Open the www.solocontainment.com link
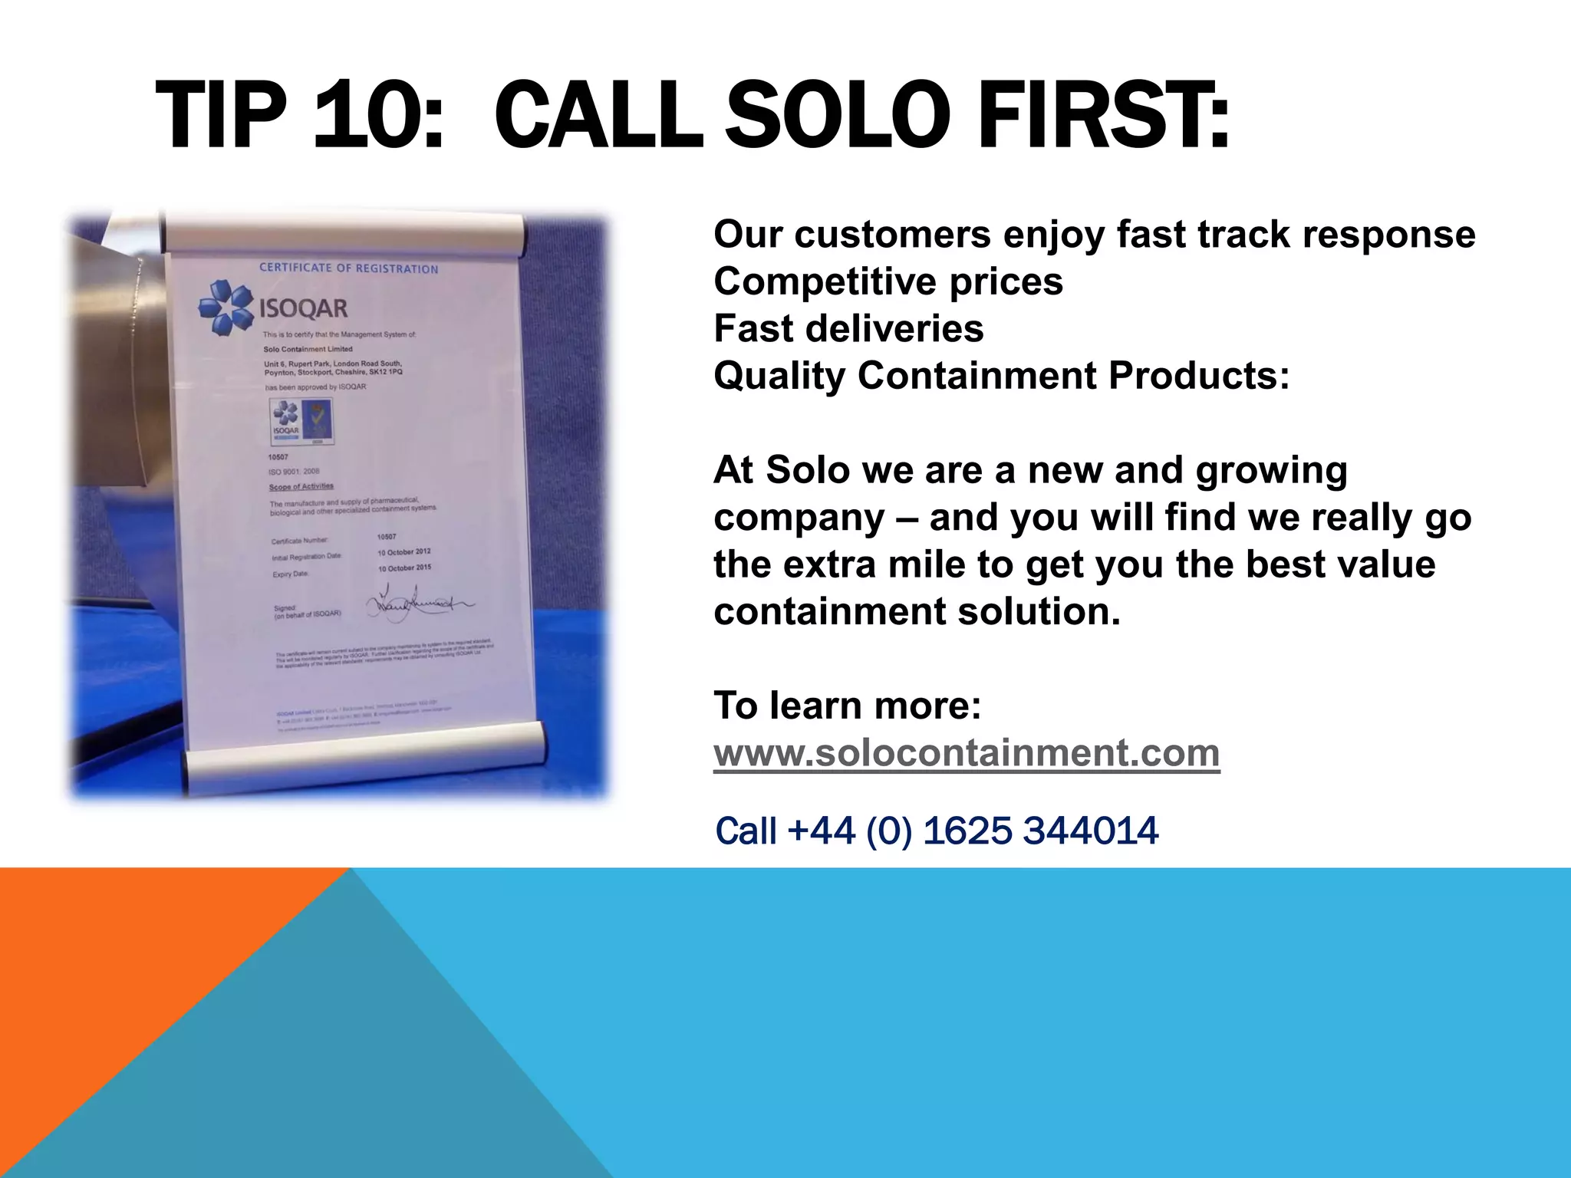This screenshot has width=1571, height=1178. click(x=967, y=753)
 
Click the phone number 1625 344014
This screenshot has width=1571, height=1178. click(x=1040, y=831)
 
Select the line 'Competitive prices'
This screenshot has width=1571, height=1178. click(x=888, y=282)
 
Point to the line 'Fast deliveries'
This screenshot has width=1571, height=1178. click(x=848, y=329)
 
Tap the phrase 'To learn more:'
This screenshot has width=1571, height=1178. click(x=848, y=706)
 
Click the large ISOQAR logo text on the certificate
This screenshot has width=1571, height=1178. click(x=304, y=309)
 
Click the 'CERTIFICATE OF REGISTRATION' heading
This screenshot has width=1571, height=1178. click(x=349, y=268)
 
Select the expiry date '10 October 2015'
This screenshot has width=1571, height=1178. click(x=404, y=568)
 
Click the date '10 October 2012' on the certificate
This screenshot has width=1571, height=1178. click(x=403, y=552)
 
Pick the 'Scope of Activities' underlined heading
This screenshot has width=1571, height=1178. click(x=301, y=486)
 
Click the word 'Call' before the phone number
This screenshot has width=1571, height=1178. click(x=746, y=831)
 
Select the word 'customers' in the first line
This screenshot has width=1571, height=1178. click(x=893, y=235)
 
